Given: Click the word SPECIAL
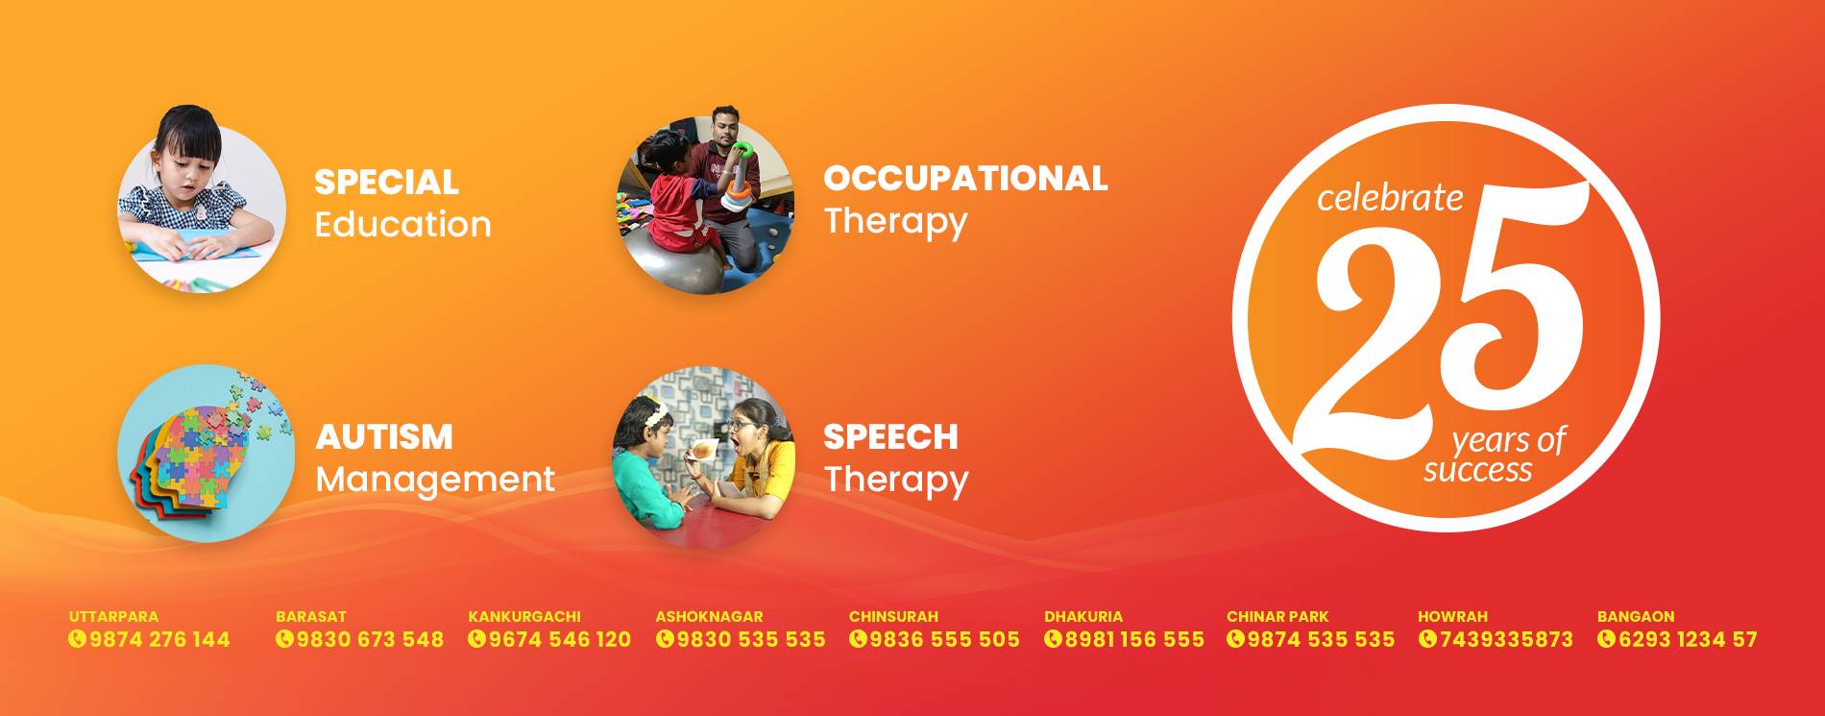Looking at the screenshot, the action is pyautogui.click(x=386, y=182).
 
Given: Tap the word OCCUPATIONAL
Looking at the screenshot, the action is pyautogui.click(x=965, y=178).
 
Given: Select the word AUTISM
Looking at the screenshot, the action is pyautogui.click(x=384, y=436).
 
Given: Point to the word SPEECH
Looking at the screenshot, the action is pyautogui.click(x=890, y=436).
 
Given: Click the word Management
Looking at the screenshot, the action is pyautogui.click(x=435, y=479).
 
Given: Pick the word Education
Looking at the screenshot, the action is pyautogui.click(x=402, y=224).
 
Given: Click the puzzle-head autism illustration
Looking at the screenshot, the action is pyautogui.click(x=203, y=453).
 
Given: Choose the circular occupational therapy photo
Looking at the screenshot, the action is pyautogui.click(x=705, y=199).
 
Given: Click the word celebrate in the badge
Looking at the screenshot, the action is pyautogui.click(x=1390, y=197).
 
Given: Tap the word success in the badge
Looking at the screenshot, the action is pyautogui.click(x=1477, y=470).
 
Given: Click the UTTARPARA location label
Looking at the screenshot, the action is pyautogui.click(x=113, y=616).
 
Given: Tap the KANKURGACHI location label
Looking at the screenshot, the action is pyautogui.click(x=524, y=616).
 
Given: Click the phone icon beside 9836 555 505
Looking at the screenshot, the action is pyautogui.click(x=858, y=639).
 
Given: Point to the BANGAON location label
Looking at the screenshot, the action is pyautogui.click(x=1636, y=616).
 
